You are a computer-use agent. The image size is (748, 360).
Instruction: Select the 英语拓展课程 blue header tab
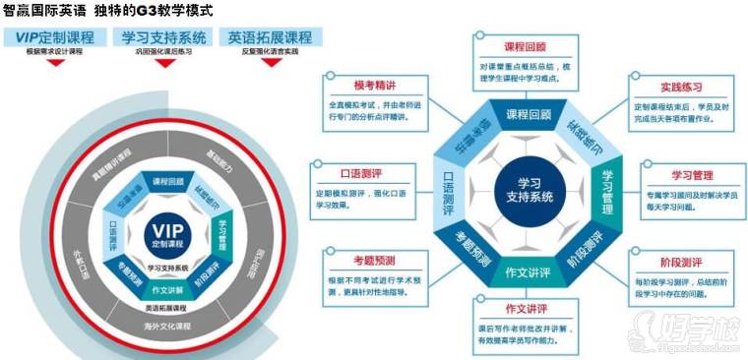click(x=270, y=37)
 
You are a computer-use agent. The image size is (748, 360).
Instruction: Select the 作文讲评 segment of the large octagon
click(x=528, y=270)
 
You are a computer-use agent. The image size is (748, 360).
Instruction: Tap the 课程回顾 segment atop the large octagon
click(x=529, y=114)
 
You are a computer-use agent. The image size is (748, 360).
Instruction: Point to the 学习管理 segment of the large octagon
click(x=608, y=186)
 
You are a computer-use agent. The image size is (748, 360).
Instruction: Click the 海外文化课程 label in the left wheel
click(x=168, y=324)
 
